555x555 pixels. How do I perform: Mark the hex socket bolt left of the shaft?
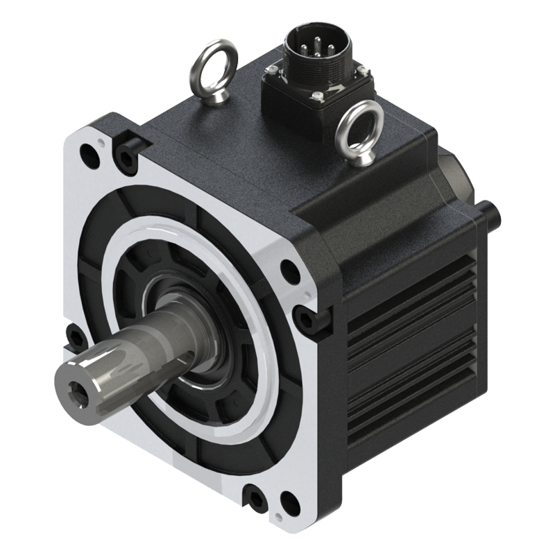pos(74,339)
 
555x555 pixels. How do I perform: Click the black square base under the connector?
pos(298,90)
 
